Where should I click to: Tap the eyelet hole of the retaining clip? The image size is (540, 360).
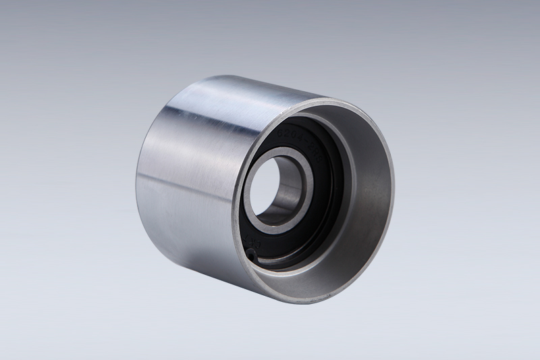coord(250,255)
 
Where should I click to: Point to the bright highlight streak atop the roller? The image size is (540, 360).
coord(223,95)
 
